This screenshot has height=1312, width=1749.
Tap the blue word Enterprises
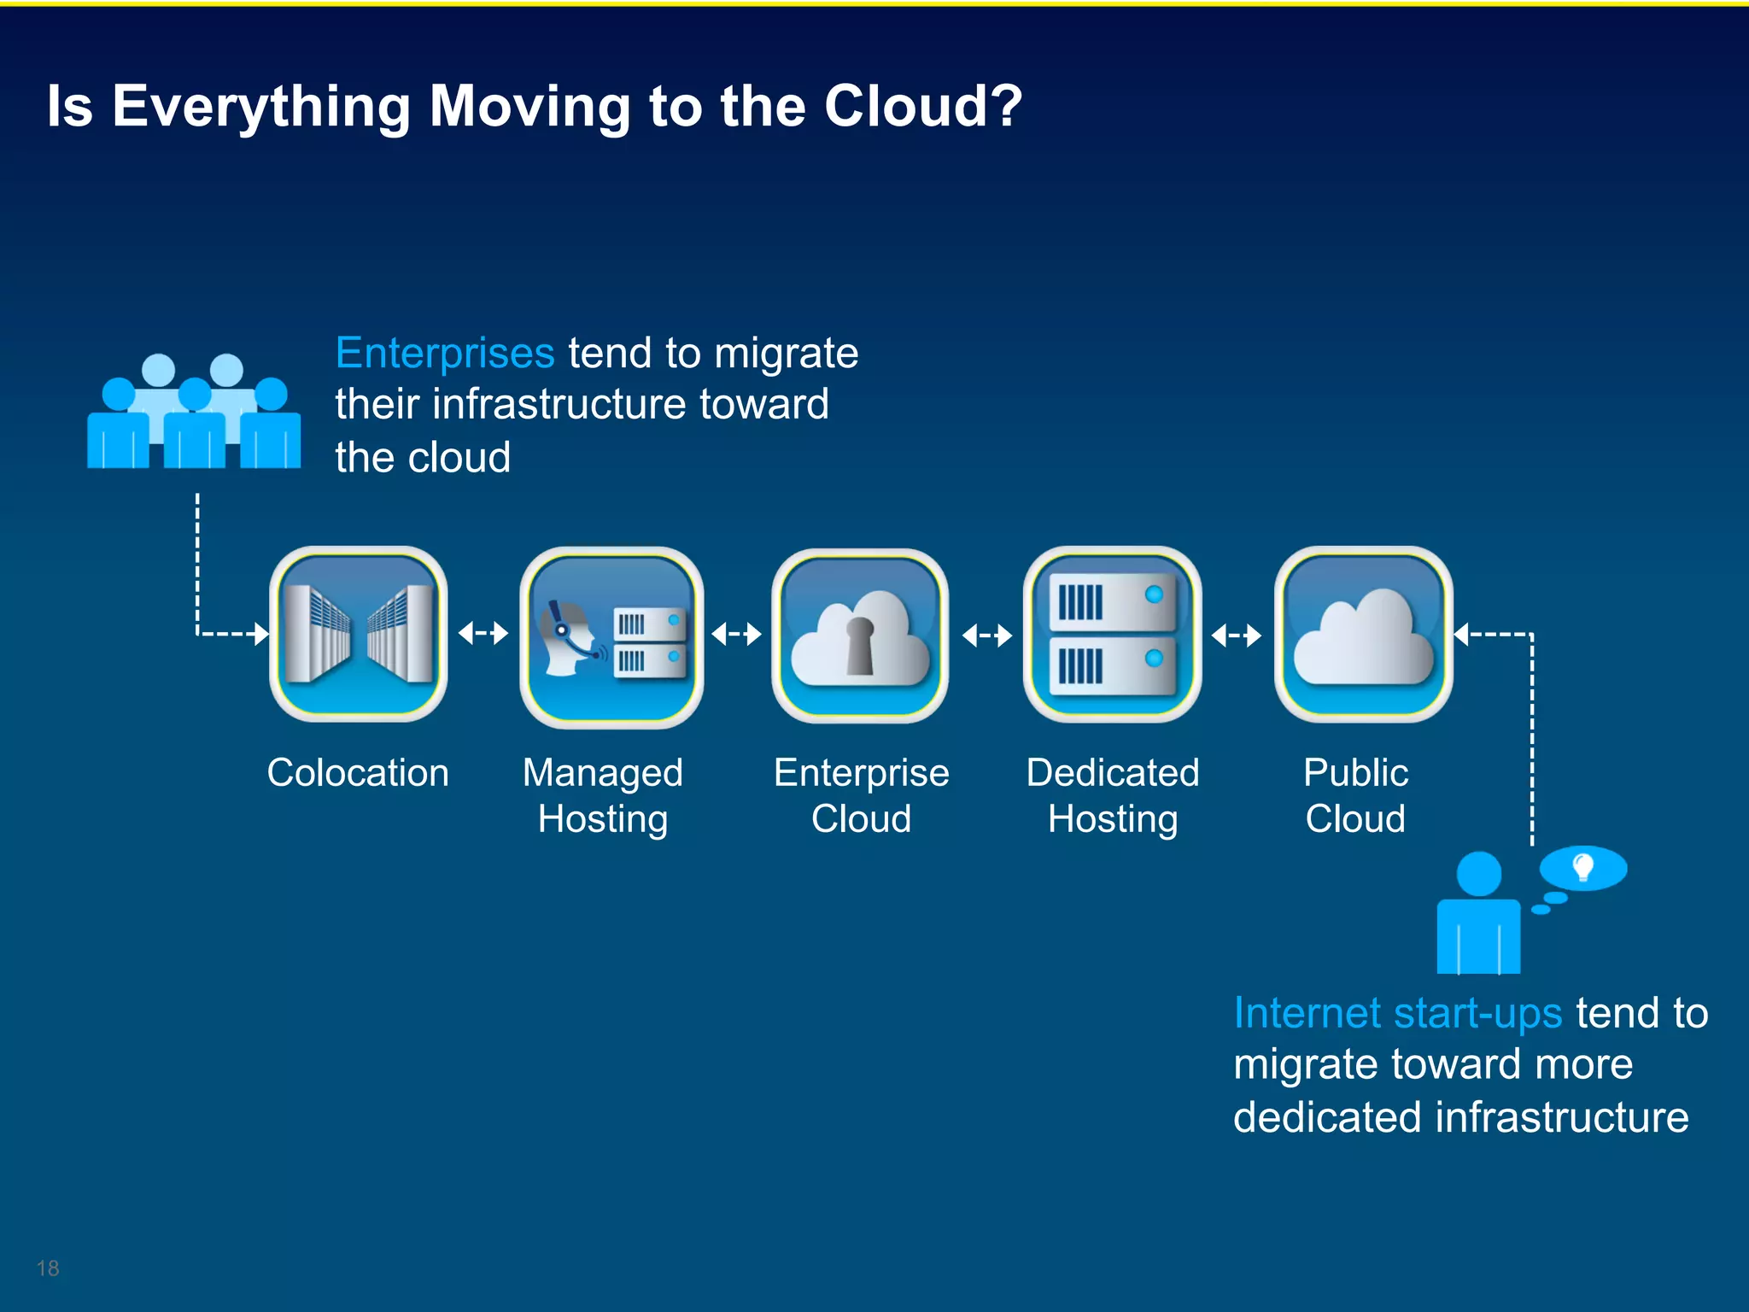click(x=445, y=354)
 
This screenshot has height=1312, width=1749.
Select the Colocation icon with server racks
click(x=359, y=634)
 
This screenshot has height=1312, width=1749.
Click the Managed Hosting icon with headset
click(x=611, y=636)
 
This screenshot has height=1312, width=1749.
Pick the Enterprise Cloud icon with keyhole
click(x=861, y=636)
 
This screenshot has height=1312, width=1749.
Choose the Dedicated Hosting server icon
click(x=1112, y=634)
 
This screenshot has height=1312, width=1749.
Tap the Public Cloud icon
click(x=1363, y=634)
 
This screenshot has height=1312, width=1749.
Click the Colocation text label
click(x=358, y=773)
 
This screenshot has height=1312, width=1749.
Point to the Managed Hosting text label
click(x=603, y=795)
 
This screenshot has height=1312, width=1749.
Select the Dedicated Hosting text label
click(x=1113, y=795)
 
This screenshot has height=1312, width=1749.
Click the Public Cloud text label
click(x=1355, y=795)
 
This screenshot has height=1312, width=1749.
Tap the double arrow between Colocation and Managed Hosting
click(x=483, y=633)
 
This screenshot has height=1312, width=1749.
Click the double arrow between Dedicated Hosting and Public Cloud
click(x=1237, y=635)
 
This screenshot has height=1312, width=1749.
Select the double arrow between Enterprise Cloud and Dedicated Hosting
click(x=986, y=635)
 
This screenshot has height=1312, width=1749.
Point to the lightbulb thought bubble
click(x=1582, y=869)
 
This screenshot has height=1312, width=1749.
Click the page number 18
click(x=48, y=1268)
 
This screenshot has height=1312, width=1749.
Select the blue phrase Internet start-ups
click(x=1398, y=1014)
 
